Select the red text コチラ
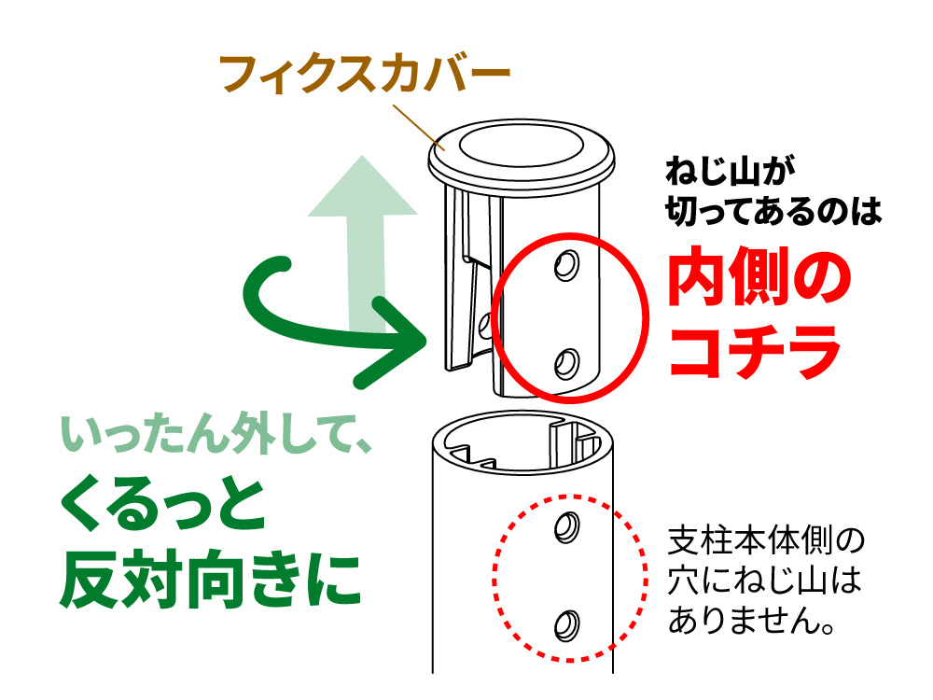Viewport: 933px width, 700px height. click(x=754, y=353)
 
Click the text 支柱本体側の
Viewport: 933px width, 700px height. click(x=766, y=541)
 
